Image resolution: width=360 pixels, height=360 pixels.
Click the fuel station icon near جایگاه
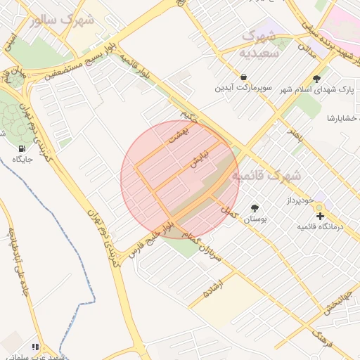(x=22, y=148)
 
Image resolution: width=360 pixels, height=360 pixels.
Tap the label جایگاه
(x=22, y=160)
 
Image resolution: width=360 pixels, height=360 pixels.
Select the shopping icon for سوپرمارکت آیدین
(x=243, y=77)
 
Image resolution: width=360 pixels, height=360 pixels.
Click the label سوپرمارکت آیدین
(x=243, y=89)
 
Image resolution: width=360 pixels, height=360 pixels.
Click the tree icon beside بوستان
(x=254, y=208)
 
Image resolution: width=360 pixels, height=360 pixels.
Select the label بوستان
(x=255, y=219)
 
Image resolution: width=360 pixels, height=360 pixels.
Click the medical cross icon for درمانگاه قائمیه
(x=320, y=215)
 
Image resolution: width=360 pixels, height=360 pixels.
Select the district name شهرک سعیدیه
(x=259, y=44)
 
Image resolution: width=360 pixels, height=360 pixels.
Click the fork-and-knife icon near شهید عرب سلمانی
(x=36, y=347)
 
